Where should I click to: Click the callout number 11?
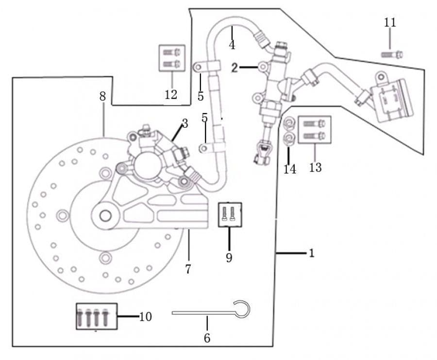pos(390,22)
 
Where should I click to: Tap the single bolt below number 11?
pos(392,54)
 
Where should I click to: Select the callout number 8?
pos(102,97)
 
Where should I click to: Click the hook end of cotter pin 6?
pos(242,309)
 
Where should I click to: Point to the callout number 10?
pos(146,316)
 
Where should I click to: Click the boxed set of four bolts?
pos(97,316)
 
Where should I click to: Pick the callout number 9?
pos(229,257)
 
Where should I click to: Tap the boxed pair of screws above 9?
pos(230,215)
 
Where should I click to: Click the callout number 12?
pos(171,95)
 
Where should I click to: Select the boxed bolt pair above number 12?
pos(172,58)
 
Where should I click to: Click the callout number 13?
pos(316,167)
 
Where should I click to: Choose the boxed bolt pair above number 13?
pos(315,130)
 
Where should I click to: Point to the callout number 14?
pos(290,169)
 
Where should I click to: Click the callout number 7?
pos(188,269)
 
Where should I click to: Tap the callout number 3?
pos(185,123)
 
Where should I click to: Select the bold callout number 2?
pos(235,68)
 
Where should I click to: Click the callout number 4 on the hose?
pos(232,45)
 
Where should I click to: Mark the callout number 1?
pos(312,253)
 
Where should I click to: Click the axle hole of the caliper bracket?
pos(105,216)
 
